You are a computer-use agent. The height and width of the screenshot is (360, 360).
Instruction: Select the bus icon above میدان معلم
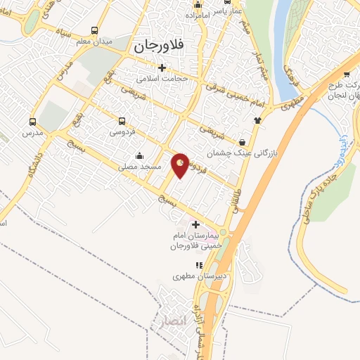[95, 30]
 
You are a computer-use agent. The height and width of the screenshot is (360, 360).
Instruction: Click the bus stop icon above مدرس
[32, 121]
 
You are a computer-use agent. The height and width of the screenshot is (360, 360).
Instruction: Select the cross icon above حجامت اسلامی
[162, 68]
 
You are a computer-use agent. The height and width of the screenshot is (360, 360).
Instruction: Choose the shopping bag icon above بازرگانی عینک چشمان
[243, 141]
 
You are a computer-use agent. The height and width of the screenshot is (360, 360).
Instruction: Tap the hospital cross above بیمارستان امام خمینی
[195, 224]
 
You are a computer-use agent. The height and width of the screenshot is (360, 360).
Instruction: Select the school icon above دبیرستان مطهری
[200, 265]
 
